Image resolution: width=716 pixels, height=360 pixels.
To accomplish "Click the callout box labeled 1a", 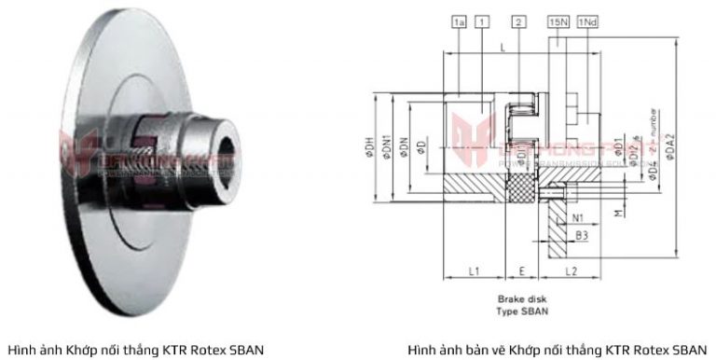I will (458, 21).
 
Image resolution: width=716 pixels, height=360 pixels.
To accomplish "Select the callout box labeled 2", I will (518, 21).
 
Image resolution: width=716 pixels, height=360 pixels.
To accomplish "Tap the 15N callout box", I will (558, 21).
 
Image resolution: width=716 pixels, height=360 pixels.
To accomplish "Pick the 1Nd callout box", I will (587, 21).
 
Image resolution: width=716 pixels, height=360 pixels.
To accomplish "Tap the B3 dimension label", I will (581, 237).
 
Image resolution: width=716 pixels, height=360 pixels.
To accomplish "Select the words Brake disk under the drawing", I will (519, 299).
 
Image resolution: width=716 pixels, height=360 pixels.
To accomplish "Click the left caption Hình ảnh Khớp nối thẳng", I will (135, 350).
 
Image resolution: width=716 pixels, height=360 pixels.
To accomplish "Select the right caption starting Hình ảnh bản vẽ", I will (557, 350).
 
